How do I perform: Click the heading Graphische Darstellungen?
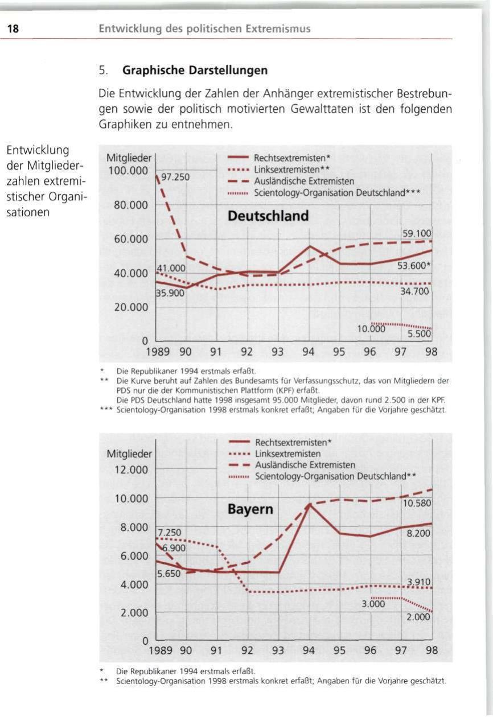pyautogui.click(x=187, y=73)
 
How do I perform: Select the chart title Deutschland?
pyautogui.click(x=268, y=216)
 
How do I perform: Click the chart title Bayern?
pyautogui.click(x=250, y=509)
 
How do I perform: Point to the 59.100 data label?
pyautogui.click(x=416, y=233)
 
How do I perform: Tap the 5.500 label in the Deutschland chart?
pyautogui.click(x=419, y=334)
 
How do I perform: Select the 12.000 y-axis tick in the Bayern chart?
pyautogui.click(x=129, y=470)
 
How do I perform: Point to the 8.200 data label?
pyautogui.click(x=418, y=534)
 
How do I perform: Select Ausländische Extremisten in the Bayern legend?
pyautogui.click(x=305, y=465)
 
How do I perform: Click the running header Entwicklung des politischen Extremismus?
pyautogui.click(x=205, y=29)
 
